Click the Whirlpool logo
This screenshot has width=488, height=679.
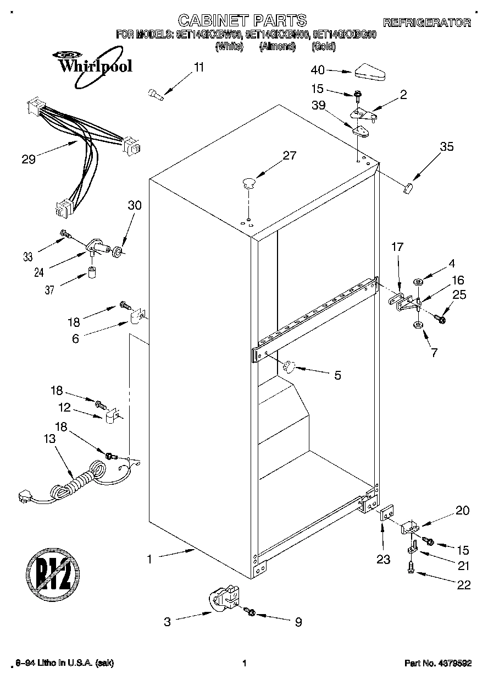(x=93, y=65)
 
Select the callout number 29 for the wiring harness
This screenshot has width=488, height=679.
(x=29, y=160)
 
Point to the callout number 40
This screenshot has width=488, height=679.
(x=318, y=70)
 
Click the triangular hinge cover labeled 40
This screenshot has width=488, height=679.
(x=370, y=72)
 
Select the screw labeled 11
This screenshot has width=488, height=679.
(x=156, y=94)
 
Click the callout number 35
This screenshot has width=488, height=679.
(x=447, y=146)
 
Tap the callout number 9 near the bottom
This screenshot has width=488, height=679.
(x=298, y=622)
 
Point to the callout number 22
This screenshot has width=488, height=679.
(x=464, y=585)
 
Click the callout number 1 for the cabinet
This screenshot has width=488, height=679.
(x=148, y=559)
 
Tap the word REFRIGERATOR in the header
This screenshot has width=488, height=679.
(x=426, y=23)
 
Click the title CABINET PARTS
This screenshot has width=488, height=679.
(x=242, y=21)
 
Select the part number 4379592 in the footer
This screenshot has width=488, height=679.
(x=438, y=664)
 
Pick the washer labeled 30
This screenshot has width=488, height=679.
(x=117, y=253)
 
